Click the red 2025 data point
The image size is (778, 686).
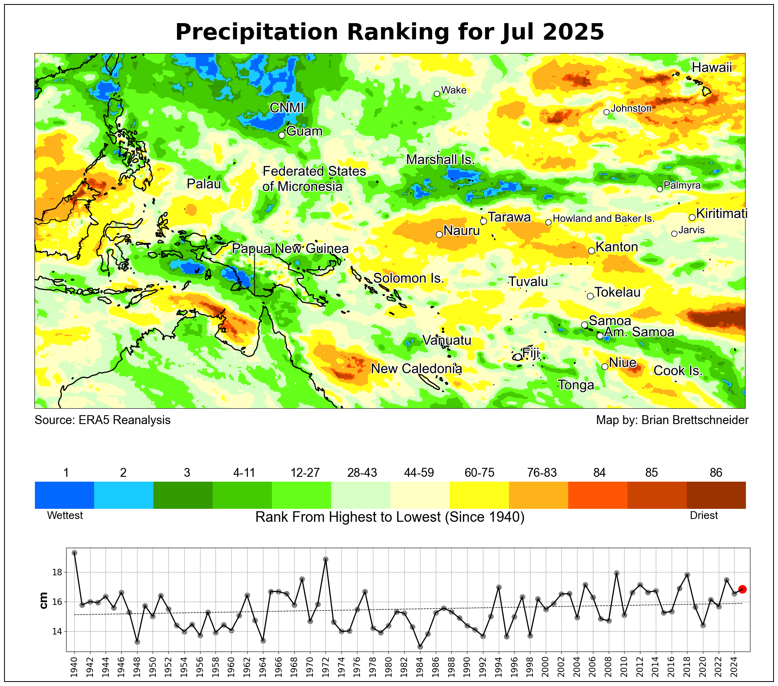742,589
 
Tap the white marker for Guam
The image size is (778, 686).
282,135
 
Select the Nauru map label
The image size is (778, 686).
461,231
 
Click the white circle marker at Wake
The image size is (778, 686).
437,94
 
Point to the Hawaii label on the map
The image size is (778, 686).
711,67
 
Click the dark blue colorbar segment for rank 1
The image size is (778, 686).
64,495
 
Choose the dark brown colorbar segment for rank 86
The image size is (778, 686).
716,495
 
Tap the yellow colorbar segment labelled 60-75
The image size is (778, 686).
479,495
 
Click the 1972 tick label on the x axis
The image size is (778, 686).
325,666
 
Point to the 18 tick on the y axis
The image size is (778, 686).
57,572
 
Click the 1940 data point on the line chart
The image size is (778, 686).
74,553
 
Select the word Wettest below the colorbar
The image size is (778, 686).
65,515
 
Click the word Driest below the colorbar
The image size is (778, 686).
704,515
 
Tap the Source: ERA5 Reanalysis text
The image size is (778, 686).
102,420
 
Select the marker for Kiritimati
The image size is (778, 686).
692,217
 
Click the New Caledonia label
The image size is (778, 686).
416,369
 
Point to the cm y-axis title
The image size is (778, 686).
43,600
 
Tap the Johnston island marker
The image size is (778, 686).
606,112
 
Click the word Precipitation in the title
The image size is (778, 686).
256,32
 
